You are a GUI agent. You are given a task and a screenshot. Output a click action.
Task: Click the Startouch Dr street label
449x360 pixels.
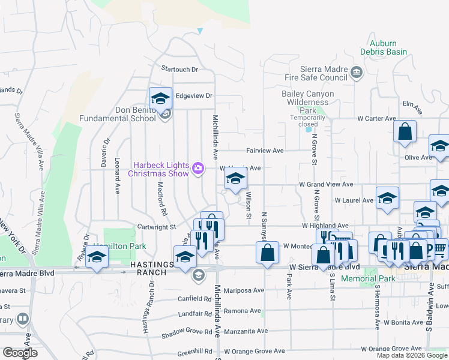[x=178, y=70]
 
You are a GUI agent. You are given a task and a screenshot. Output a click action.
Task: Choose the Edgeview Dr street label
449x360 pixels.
[x=194, y=95]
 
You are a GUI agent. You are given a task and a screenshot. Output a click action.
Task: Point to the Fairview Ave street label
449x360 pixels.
[x=264, y=151]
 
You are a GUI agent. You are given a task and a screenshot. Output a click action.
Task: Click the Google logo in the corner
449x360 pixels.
[x=20, y=353]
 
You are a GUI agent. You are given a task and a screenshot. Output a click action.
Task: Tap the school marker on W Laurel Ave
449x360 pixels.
[x=387, y=199]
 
